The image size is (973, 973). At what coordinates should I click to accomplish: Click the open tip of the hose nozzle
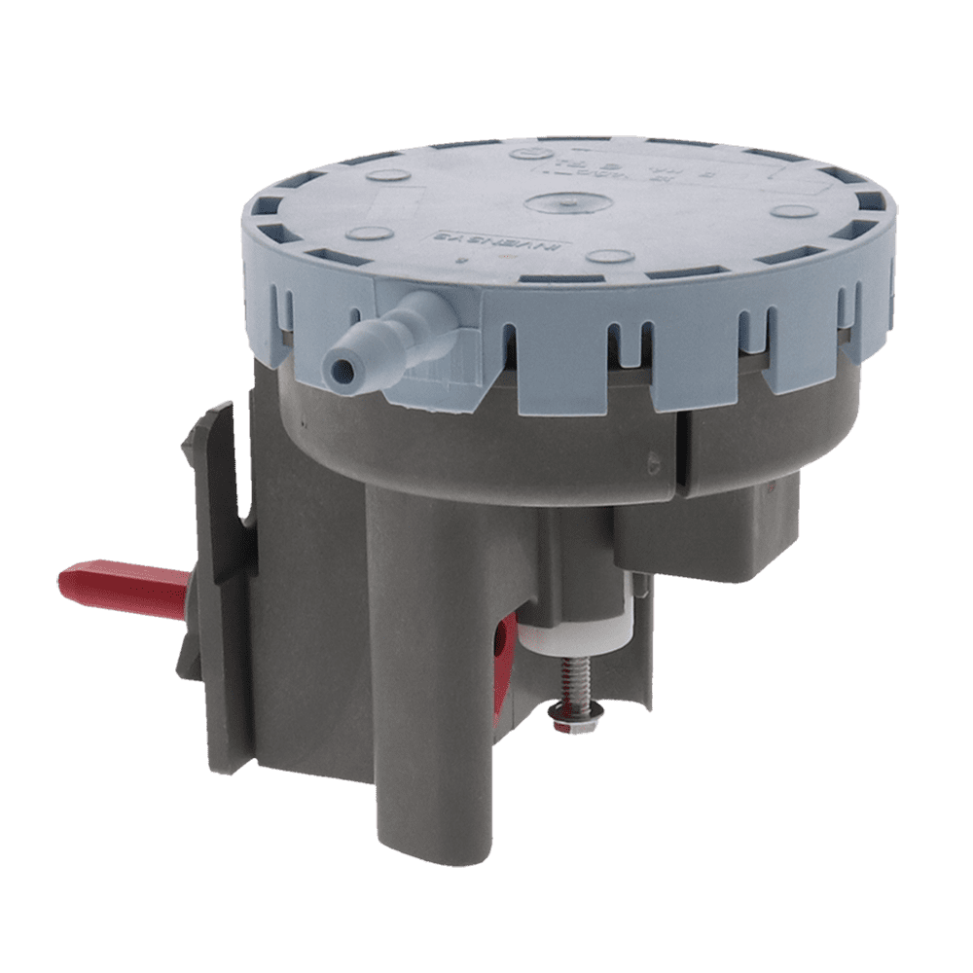pyautogui.click(x=340, y=369)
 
